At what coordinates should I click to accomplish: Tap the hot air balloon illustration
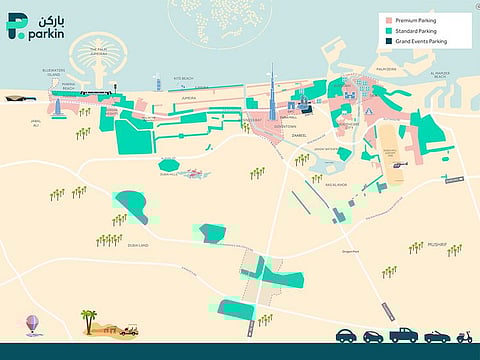[x=32, y=324]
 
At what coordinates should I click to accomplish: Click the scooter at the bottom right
[x=462, y=336]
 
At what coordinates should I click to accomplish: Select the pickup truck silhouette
[x=403, y=335]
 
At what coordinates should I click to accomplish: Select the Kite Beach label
[x=184, y=77]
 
